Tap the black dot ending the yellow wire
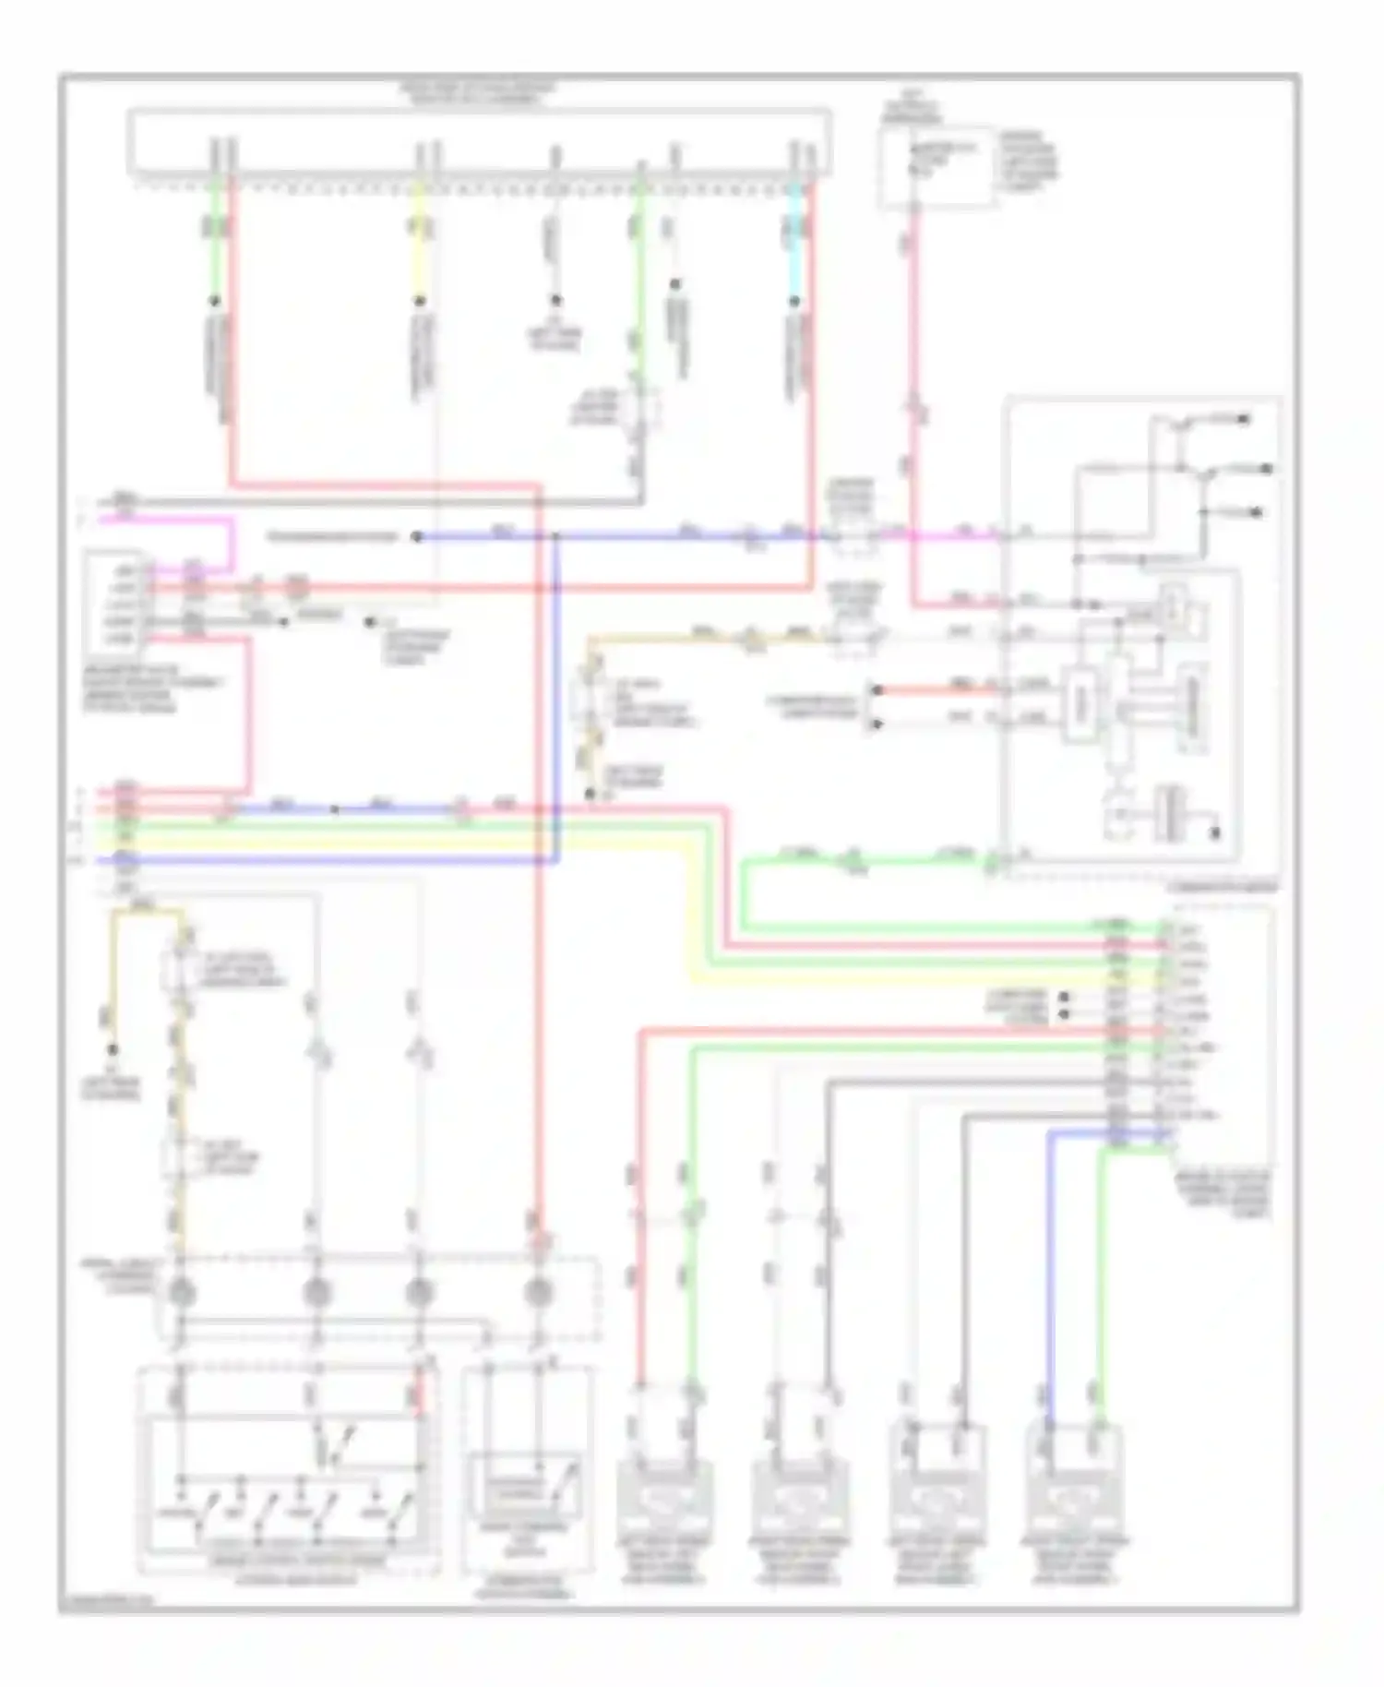point(420,301)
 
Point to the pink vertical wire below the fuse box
point(914,369)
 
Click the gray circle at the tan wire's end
point(181,1292)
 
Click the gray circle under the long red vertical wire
point(538,1292)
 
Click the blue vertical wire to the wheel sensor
point(1050,1274)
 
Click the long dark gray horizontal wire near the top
point(388,501)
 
